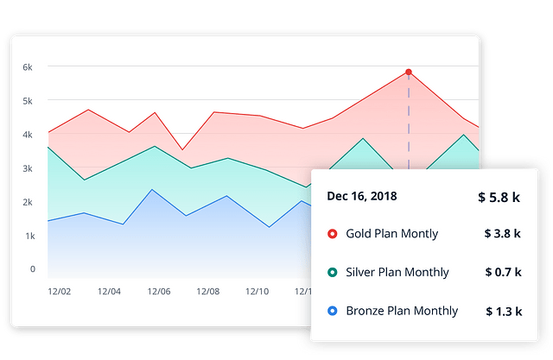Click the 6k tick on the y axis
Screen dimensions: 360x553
click(x=28, y=67)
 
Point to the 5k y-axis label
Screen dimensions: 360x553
click(x=28, y=101)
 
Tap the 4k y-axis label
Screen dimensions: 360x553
click(x=28, y=135)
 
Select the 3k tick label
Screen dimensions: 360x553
click(x=28, y=168)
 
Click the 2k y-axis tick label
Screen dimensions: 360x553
click(x=28, y=202)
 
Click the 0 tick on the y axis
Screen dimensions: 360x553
click(x=32, y=268)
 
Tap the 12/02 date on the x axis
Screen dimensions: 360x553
click(x=60, y=292)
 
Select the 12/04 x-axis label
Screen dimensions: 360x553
click(x=110, y=292)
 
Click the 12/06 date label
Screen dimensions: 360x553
click(x=159, y=292)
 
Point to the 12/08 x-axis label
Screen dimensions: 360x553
click(x=208, y=292)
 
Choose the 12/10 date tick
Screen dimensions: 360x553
click(x=258, y=292)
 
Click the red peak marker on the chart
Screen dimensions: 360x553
click(x=409, y=73)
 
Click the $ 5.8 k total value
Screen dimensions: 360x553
click(x=499, y=197)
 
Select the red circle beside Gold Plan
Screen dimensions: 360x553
click(x=333, y=234)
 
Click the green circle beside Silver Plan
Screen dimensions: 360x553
click(x=333, y=273)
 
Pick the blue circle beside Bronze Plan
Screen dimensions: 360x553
click(x=333, y=311)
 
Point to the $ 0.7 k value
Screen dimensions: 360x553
click(x=503, y=272)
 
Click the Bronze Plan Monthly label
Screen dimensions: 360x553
click(x=402, y=311)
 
